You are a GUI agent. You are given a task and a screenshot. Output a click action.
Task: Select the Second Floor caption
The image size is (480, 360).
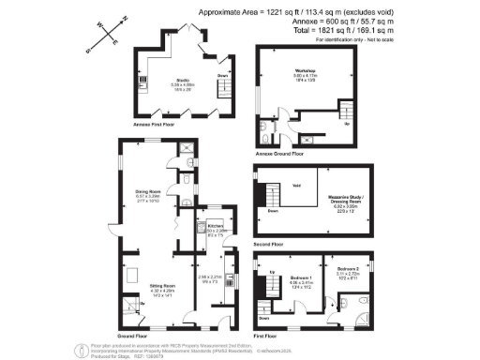pos(271,239)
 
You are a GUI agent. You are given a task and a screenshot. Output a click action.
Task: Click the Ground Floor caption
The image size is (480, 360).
pos(130,333)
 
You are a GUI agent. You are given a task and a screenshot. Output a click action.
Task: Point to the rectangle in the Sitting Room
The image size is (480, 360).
pos(132,274)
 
